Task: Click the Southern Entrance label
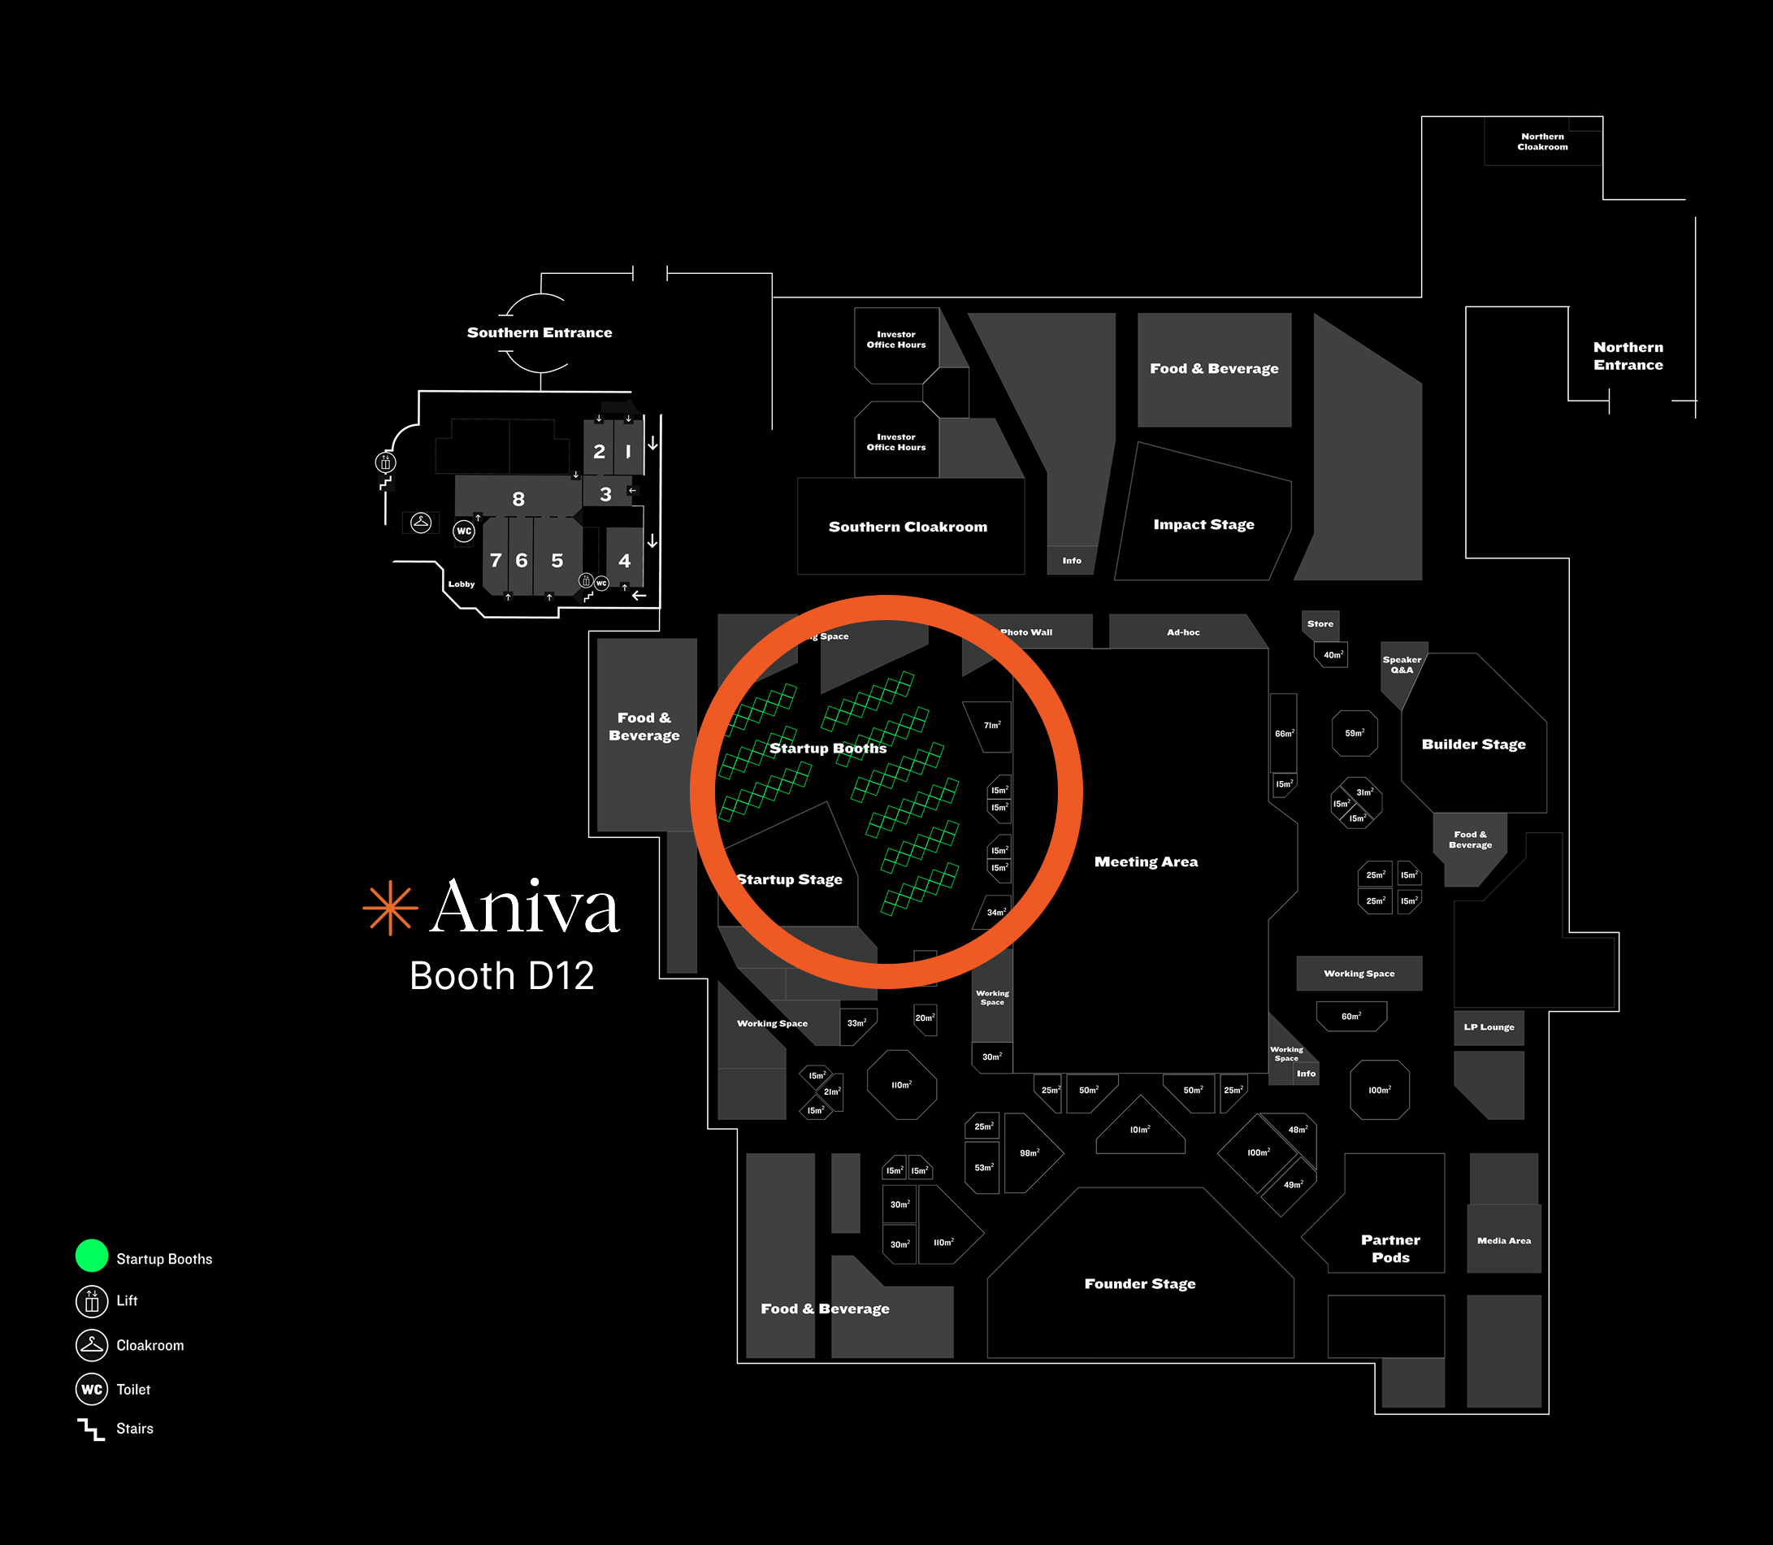point(540,332)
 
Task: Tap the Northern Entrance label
point(1628,356)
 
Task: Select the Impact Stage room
point(1203,524)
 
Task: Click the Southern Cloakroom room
point(908,527)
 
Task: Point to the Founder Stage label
point(1139,1284)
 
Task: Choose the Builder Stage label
point(1473,744)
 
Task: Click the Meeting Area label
point(1146,861)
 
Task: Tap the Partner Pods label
point(1389,1248)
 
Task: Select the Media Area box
point(1503,1241)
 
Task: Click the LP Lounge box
point(1489,1026)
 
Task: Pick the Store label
point(1320,623)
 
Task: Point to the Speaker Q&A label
point(1402,665)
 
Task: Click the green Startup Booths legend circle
point(91,1256)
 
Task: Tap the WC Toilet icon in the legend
point(91,1389)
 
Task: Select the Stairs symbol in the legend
point(90,1429)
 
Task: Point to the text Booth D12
point(501,976)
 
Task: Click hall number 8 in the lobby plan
point(518,499)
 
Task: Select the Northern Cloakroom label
point(1542,141)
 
